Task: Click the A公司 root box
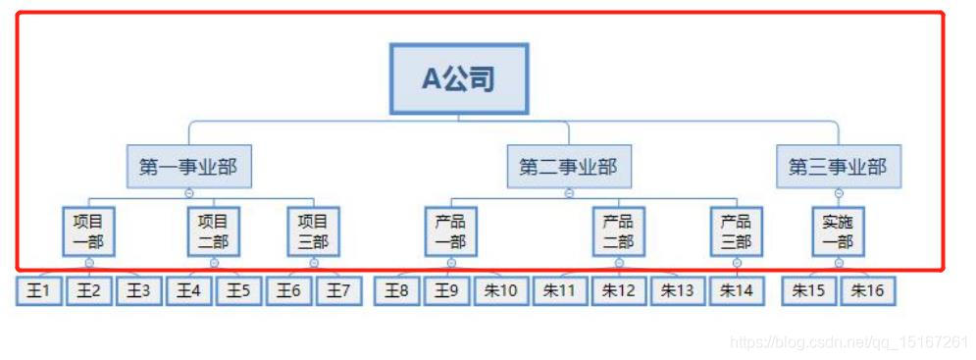tap(459, 78)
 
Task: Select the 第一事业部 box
tap(188, 167)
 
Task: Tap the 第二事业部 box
tap(569, 167)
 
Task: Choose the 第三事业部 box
tap(838, 167)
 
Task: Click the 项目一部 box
tap(88, 231)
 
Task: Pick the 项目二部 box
tap(213, 231)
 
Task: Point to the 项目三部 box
tap(313, 231)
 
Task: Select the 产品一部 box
tap(450, 231)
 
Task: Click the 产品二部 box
tap(618, 231)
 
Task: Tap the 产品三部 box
tap(736, 231)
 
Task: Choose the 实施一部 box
tap(838, 231)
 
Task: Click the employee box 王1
tap(39, 291)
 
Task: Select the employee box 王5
tap(238, 291)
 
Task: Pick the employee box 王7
tap(339, 291)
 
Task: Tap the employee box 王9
tap(447, 291)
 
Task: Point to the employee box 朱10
tap(501, 291)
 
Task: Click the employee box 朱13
tap(678, 291)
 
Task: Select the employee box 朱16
tap(867, 291)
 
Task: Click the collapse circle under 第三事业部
tap(838, 193)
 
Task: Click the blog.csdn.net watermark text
tap(849, 342)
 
